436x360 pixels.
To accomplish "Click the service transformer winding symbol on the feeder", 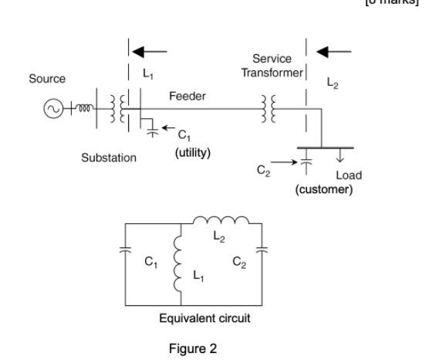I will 269,109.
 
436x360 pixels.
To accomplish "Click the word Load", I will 349,175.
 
